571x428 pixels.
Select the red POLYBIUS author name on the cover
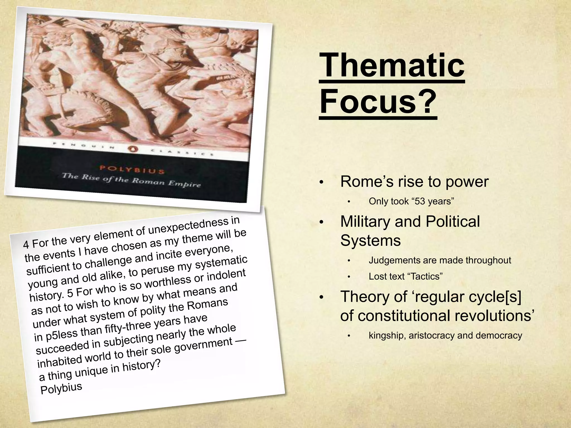(x=132, y=169)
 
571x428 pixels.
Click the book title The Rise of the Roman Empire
(x=131, y=181)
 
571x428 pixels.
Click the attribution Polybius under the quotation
(x=61, y=388)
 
